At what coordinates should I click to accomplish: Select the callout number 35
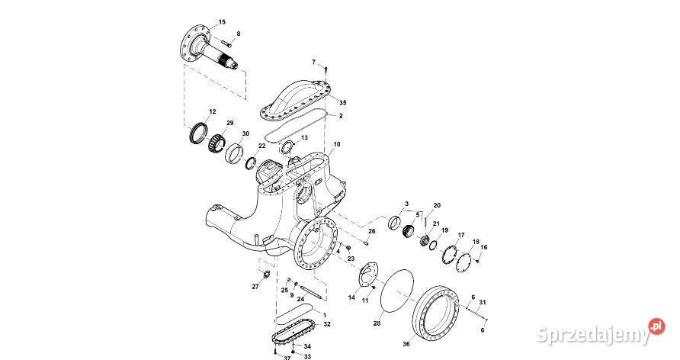coord(343,102)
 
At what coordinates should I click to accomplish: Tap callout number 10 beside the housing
coord(337,144)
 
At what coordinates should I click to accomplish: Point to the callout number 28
coord(376,324)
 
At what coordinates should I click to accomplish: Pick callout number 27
coord(255,287)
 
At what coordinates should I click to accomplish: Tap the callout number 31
coord(483,303)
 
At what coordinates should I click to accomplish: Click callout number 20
coord(437,206)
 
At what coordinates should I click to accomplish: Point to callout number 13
coord(304,138)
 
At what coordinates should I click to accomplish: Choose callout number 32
coord(326,324)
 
